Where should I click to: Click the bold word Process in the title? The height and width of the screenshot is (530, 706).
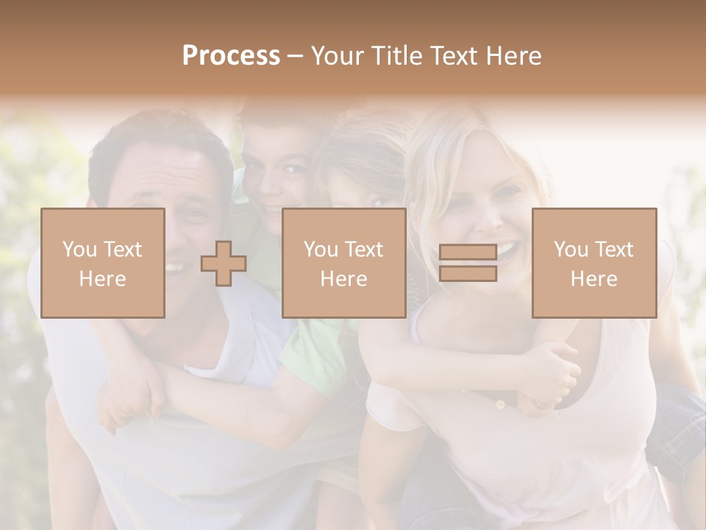[x=231, y=56]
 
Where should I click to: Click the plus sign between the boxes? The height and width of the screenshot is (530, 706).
[x=224, y=264]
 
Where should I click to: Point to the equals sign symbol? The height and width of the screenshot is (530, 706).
[x=468, y=263]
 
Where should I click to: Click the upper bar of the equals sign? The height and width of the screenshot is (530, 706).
[x=468, y=252]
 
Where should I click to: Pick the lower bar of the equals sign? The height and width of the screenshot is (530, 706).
[x=468, y=274]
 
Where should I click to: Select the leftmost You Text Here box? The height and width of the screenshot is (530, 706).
[x=102, y=263]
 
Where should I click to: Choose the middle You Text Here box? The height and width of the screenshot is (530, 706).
[x=343, y=263]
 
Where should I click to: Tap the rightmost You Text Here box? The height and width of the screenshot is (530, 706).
[x=593, y=263]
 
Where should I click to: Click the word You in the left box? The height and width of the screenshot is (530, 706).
[x=79, y=250]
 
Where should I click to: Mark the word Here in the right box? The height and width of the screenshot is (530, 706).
[x=593, y=278]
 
